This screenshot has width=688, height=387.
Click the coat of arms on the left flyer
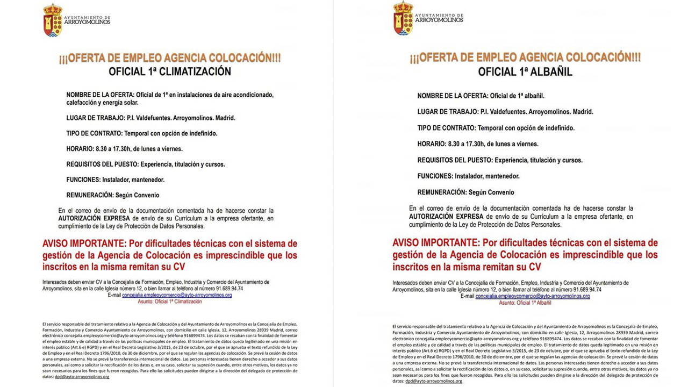[53, 20]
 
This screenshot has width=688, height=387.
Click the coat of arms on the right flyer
[403, 18]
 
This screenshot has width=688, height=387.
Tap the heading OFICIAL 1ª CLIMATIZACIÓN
[170, 71]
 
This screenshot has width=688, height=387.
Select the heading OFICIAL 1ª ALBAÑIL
[525, 71]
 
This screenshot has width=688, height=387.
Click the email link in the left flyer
[180, 295]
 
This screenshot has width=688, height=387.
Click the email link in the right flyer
[533, 296]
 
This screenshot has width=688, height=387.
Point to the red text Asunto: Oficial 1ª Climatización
[170, 302]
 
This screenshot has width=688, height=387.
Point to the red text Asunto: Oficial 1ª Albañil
[525, 303]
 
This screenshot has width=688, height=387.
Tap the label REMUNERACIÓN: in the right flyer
[441, 192]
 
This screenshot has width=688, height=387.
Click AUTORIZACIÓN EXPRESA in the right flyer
[446, 217]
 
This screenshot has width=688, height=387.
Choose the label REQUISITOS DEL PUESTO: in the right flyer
[455, 160]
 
